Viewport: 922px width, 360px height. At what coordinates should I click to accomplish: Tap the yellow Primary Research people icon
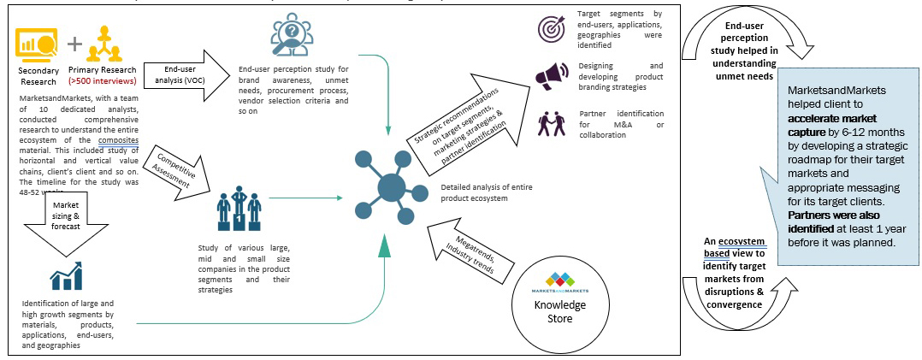point(106,43)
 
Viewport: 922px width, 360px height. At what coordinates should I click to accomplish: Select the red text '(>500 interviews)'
point(103,81)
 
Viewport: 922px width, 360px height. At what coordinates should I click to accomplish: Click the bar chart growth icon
point(66,275)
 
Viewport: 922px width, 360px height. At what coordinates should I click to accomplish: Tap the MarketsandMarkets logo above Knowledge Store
point(559,280)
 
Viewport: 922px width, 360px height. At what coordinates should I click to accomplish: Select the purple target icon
point(551,28)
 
